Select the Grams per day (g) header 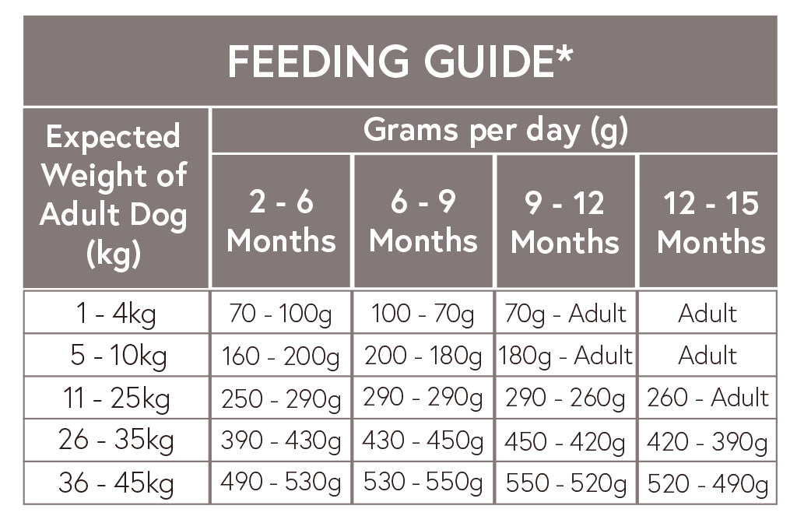click(x=495, y=131)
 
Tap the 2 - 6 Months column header click(x=281, y=222)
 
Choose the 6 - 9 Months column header click(x=423, y=222)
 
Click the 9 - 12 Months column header click(x=565, y=222)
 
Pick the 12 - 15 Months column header click(x=710, y=222)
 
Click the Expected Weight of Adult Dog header click(x=115, y=195)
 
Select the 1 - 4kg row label click(x=115, y=314)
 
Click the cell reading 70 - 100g click(x=281, y=314)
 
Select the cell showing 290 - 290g click(x=423, y=398)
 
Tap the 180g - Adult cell click(x=565, y=356)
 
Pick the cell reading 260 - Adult click(x=707, y=398)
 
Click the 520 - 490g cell click(x=707, y=483)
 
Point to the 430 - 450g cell click(x=423, y=441)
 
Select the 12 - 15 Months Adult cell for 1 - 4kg click(x=707, y=314)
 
